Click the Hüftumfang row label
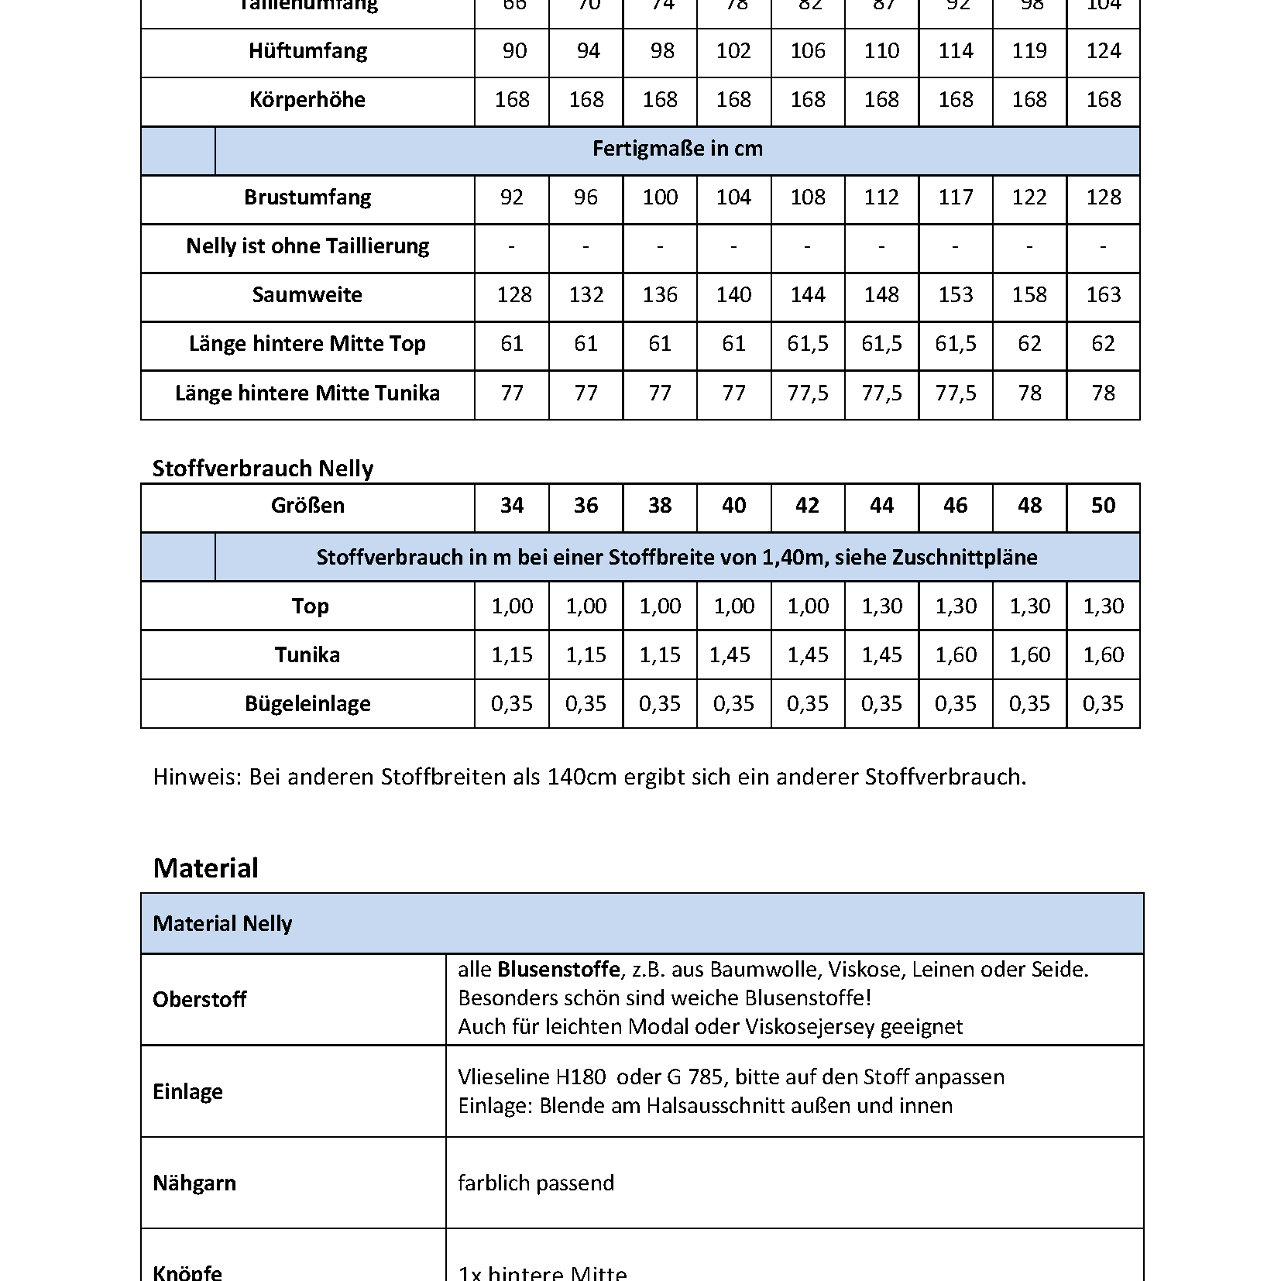(307, 51)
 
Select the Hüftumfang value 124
(1103, 51)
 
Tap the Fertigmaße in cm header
(677, 149)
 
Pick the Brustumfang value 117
(955, 197)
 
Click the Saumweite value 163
(1103, 295)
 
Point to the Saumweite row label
(307, 295)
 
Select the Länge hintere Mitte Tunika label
(307, 393)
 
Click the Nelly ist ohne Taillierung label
(307, 246)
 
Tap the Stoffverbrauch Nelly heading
(263, 469)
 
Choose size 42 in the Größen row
(807, 506)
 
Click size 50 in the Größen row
(1103, 506)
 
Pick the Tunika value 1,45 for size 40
(730, 655)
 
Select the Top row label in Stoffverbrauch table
(310, 606)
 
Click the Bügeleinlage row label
(307, 704)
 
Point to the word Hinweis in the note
(197, 777)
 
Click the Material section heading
(205, 868)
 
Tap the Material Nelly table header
(222, 923)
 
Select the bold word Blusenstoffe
(558, 970)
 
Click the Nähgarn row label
(194, 1183)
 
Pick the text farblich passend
(536, 1183)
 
